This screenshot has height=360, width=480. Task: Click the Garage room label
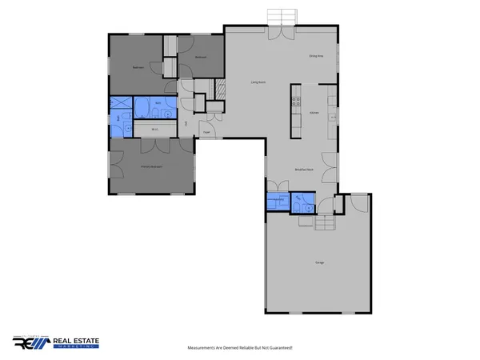[x=318, y=263]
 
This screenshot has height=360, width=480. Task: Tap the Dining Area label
[x=315, y=56]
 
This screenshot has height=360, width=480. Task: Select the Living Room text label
[x=258, y=82]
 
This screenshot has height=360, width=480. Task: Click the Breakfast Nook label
[x=303, y=170]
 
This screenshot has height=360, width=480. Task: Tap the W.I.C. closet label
[x=154, y=129]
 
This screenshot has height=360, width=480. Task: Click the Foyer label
[x=206, y=132]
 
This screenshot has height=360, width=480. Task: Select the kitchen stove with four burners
[x=295, y=102]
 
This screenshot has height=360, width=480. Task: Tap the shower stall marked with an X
[x=121, y=102]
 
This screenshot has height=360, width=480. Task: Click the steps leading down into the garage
[x=326, y=223]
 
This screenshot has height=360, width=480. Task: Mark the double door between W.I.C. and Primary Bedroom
[x=151, y=146]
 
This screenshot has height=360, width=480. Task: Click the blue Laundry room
[x=276, y=202]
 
